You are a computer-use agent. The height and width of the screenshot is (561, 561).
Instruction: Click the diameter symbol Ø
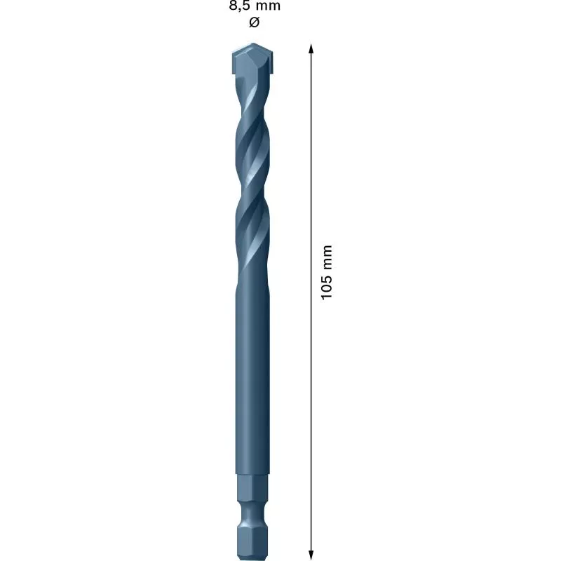(254, 22)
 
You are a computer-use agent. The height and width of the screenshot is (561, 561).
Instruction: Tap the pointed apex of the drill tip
(252, 46)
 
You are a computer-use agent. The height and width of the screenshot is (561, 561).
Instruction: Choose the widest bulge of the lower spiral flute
(252, 210)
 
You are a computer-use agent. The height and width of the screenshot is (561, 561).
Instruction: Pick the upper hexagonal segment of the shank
(252, 489)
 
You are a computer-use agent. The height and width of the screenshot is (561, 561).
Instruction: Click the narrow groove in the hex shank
(252, 511)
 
